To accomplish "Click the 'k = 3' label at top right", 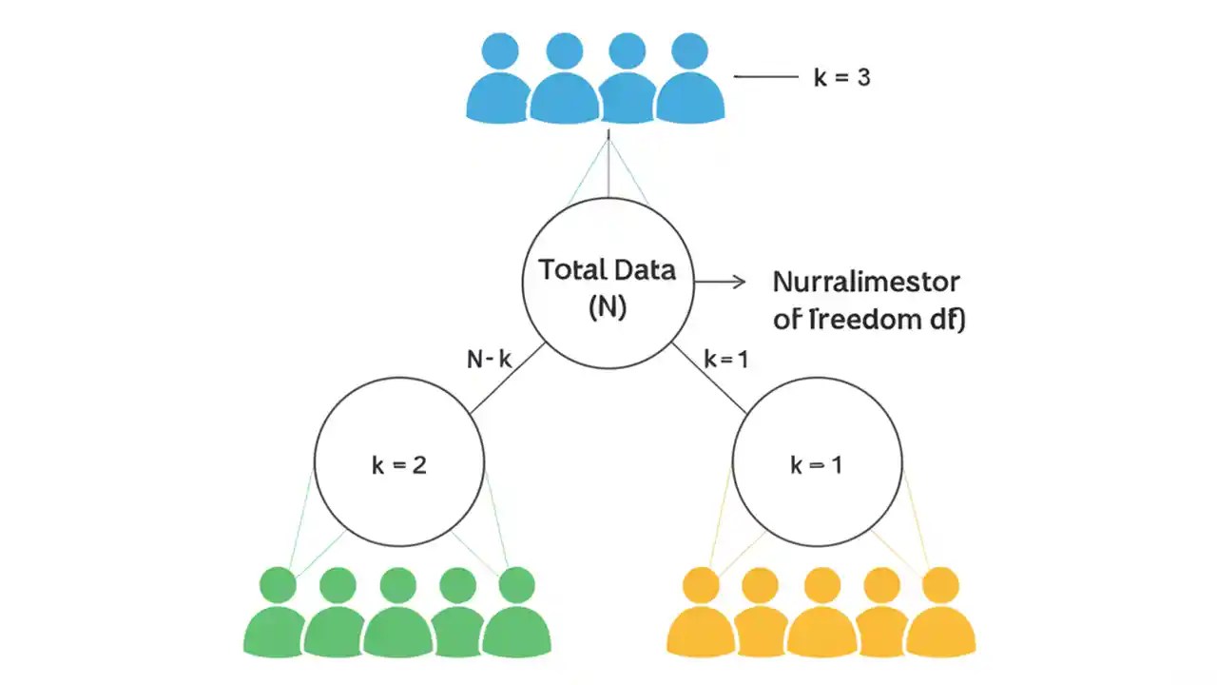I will point(841,78).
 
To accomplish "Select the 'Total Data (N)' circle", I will point(608,283).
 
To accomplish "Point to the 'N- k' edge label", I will point(490,360).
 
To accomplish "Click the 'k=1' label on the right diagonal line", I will point(726,360).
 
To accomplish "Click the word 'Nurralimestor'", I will point(866,283).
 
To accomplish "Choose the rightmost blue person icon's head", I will point(690,51).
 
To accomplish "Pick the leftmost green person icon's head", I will point(278,584).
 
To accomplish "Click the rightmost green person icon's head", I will point(516,584).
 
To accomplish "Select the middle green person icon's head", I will point(397,584).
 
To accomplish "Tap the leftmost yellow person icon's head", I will point(703,584).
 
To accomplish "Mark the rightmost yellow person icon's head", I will point(941,584).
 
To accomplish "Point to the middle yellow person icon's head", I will point(821,584).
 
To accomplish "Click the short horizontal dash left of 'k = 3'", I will point(766,77).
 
